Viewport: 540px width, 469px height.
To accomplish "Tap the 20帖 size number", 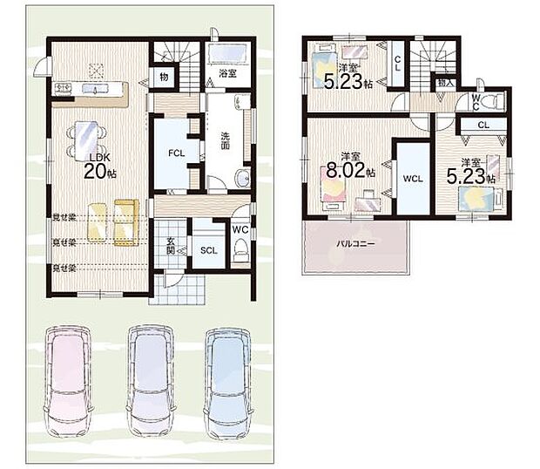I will (99, 173).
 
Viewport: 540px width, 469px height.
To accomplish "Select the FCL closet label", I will (176, 153).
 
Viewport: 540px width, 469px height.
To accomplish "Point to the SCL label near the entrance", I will (209, 251).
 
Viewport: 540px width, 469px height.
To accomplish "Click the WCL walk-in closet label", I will (412, 180).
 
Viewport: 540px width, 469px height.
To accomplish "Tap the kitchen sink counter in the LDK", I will (91, 89).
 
